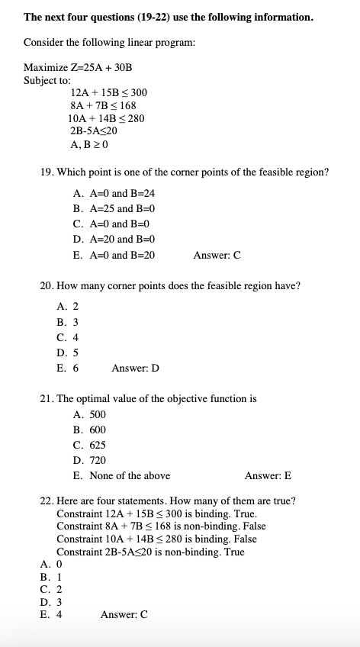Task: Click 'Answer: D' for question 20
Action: (135, 369)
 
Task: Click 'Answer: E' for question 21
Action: (268, 475)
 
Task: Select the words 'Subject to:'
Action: (47, 79)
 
